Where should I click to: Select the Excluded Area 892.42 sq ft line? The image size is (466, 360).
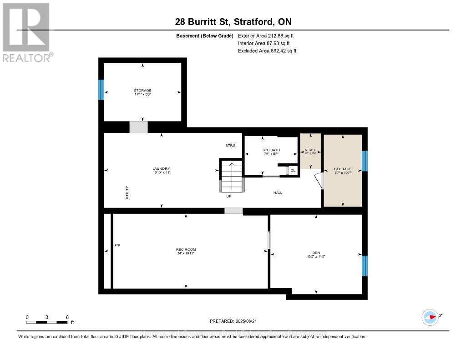point(267,51)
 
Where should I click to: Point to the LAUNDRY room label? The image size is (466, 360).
point(161,169)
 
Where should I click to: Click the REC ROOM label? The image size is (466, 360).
point(186,249)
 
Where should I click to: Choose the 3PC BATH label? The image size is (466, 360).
point(271,150)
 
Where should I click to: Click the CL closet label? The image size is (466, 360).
point(293,170)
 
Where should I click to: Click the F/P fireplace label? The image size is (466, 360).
point(117,246)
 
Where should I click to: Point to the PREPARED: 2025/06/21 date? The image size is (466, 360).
point(233,321)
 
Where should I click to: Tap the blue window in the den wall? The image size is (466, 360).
point(365,266)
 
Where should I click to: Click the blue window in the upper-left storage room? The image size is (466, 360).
point(101,90)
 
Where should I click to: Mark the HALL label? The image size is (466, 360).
point(278,193)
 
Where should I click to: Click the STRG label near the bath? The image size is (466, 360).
point(231,146)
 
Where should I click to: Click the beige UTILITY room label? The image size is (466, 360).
point(310,150)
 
